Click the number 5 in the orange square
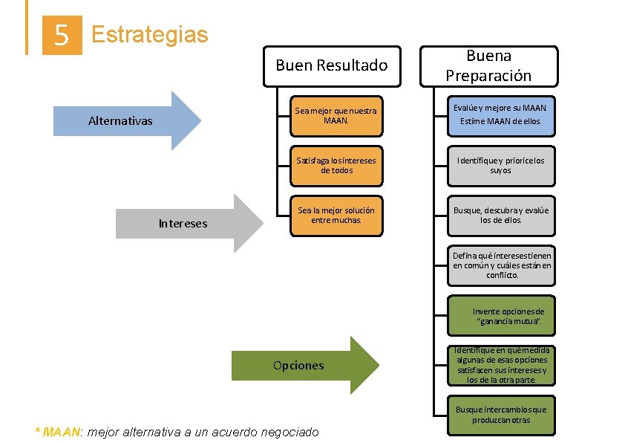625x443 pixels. [62, 36]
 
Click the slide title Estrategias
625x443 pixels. [149, 34]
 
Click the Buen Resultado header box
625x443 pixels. [331, 65]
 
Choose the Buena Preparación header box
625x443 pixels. [488, 66]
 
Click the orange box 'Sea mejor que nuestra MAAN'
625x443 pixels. [336, 116]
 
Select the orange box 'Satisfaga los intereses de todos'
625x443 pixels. [336, 166]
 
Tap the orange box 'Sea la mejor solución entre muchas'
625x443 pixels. [336, 216]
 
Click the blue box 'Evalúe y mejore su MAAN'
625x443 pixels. [501, 115]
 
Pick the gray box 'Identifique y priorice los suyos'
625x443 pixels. [501, 166]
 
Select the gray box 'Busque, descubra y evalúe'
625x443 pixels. [501, 216]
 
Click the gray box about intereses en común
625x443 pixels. [501, 265]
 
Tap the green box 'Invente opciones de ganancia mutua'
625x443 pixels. [501, 317]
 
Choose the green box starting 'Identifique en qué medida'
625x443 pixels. [501, 365]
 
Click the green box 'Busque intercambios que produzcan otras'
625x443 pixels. [501, 415]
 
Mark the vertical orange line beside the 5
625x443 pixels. [27, 28]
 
